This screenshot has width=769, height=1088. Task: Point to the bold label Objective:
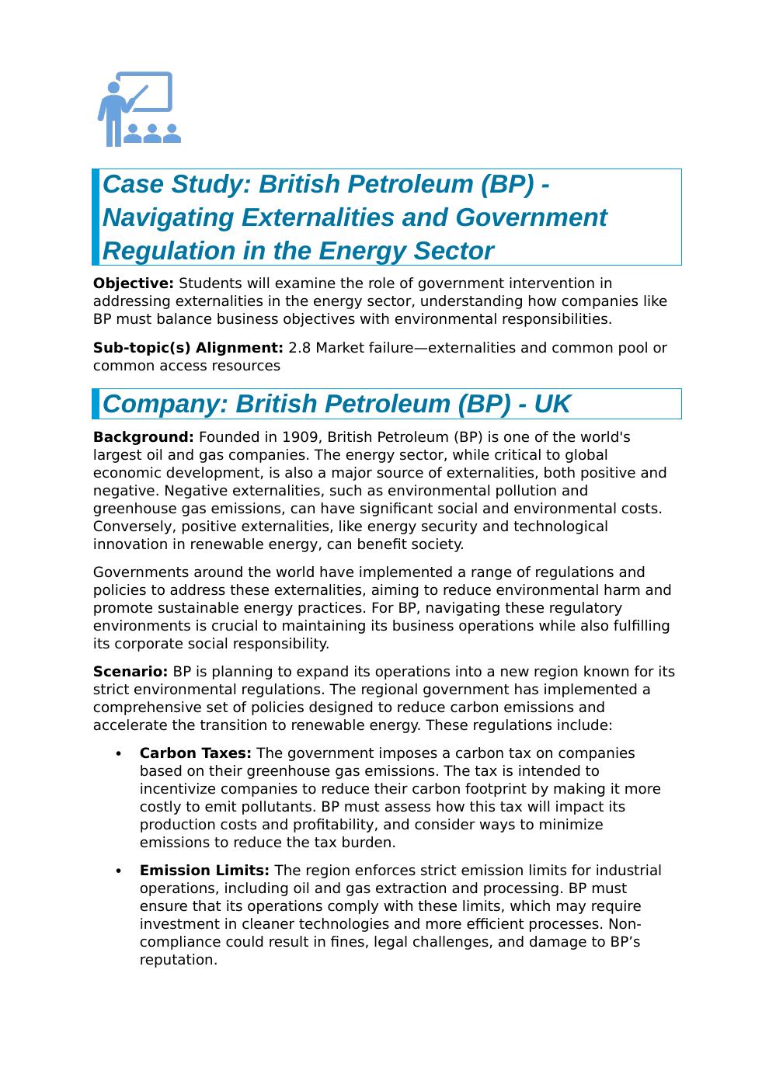tap(133, 283)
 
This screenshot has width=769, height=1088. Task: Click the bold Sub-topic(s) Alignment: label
tap(188, 348)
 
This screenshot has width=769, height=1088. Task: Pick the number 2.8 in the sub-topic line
tap(299, 348)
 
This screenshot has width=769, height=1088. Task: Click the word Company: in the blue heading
tap(165, 405)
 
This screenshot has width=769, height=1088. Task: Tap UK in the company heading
tap(552, 405)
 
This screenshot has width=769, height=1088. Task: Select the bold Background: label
tap(143, 437)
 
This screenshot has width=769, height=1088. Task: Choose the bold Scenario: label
tap(130, 672)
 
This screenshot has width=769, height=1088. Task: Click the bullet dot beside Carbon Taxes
tap(118, 754)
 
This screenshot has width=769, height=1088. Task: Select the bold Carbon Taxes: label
tap(195, 753)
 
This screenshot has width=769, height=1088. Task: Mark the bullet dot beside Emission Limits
tap(118, 871)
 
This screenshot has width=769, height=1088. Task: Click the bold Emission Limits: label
tap(204, 871)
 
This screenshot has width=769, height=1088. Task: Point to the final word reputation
tap(176, 961)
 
